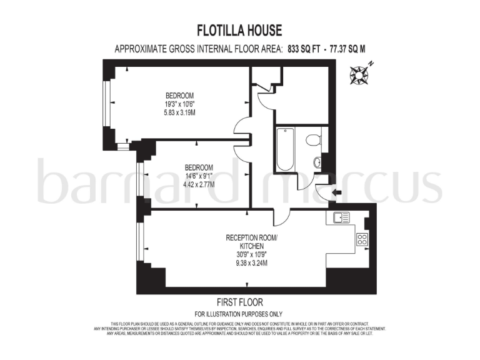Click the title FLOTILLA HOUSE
pos(240,30)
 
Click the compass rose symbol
pos(361,74)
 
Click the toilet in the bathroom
pos(313,139)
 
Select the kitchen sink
pos(341,218)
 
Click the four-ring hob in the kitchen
pos(362,239)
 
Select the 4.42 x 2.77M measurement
pos(199,185)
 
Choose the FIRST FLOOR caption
pos(239,302)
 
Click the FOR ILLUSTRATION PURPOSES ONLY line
pos(239,313)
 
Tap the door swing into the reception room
pos(281,217)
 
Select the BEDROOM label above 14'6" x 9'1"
pos(199,167)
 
